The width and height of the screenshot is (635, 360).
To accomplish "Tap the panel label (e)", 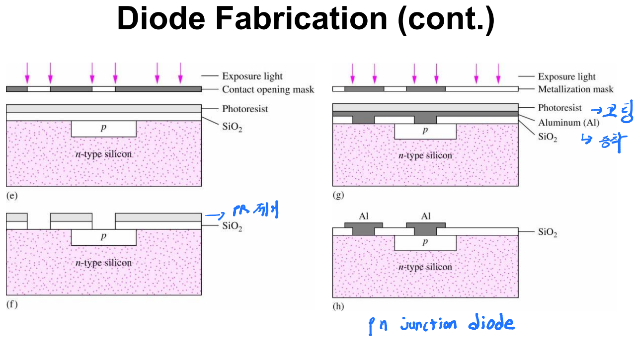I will [11, 196].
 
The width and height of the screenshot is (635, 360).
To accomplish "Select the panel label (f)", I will [11, 304].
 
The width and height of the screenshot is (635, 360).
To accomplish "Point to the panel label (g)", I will [338, 195].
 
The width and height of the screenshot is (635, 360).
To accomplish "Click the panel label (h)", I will [338, 306].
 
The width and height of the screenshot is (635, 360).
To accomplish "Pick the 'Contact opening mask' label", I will [268, 89].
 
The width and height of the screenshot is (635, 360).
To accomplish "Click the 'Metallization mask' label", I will [575, 89].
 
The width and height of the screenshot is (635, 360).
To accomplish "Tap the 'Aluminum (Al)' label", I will [568, 123].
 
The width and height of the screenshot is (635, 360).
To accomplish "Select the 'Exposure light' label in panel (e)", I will [252, 76].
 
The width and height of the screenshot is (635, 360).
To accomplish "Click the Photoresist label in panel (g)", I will [559, 108].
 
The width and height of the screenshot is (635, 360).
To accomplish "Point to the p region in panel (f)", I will [103, 237].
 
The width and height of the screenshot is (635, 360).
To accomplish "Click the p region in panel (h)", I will [425, 242].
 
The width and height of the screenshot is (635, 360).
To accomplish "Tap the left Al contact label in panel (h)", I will [363, 216].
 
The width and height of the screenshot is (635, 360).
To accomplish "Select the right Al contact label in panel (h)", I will [425, 216].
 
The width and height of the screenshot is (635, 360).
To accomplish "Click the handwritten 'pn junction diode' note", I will [442, 325].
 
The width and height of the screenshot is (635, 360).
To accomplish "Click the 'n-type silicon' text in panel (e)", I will [103, 154].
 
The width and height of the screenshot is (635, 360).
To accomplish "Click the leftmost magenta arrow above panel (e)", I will [27, 73].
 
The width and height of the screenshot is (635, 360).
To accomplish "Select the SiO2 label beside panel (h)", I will [548, 232].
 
